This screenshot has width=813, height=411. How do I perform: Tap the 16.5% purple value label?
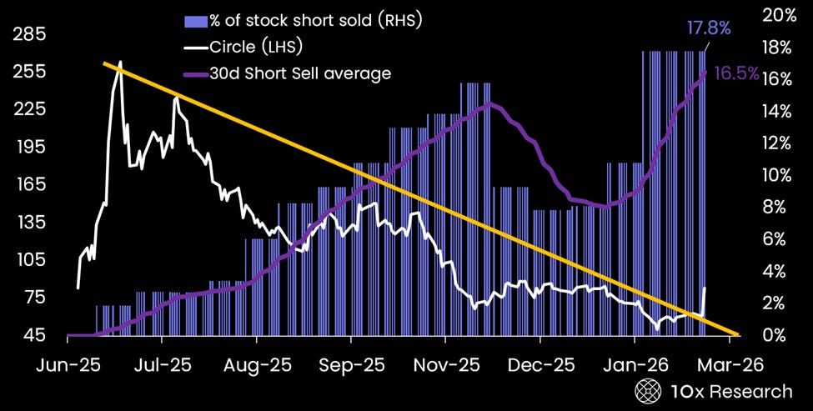[x=736, y=73]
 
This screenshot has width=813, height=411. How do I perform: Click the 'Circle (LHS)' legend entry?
[x=255, y=47]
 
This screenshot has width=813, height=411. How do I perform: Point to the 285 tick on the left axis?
[x=29, y=35]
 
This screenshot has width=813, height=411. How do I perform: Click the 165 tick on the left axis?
[x=29, y=185]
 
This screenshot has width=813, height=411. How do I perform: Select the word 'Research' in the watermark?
[x=749, y=391]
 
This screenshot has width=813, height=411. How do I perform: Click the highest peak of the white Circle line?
[x=121, y=62]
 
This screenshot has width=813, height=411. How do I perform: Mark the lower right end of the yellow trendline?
[x=737, y=335]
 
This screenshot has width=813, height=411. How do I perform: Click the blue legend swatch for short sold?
[x=198, y=20]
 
